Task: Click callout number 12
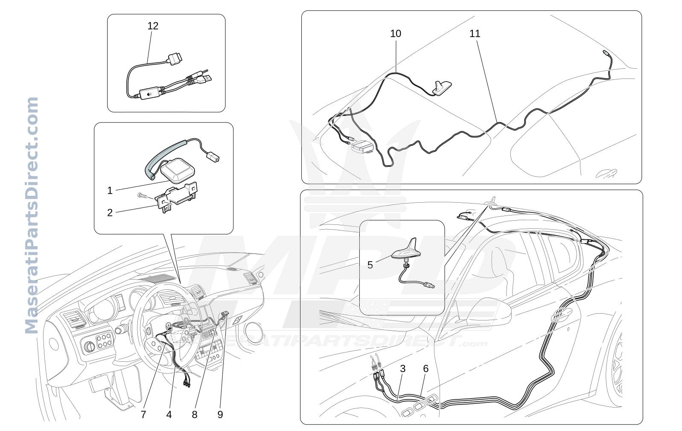point(153,26)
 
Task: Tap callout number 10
point(396,33)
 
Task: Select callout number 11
point(475,33)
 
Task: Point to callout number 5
point(370,265)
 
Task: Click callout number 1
point(110,191)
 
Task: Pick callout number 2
point(110,213)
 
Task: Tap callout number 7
point(143,414)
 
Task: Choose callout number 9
point(220,414)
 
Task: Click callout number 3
point(402,369)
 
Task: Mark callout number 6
point(426,369)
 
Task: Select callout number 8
point(195,414)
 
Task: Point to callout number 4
point(169,414)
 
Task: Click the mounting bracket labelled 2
point(176,197)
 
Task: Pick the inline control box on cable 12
point(150,93)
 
